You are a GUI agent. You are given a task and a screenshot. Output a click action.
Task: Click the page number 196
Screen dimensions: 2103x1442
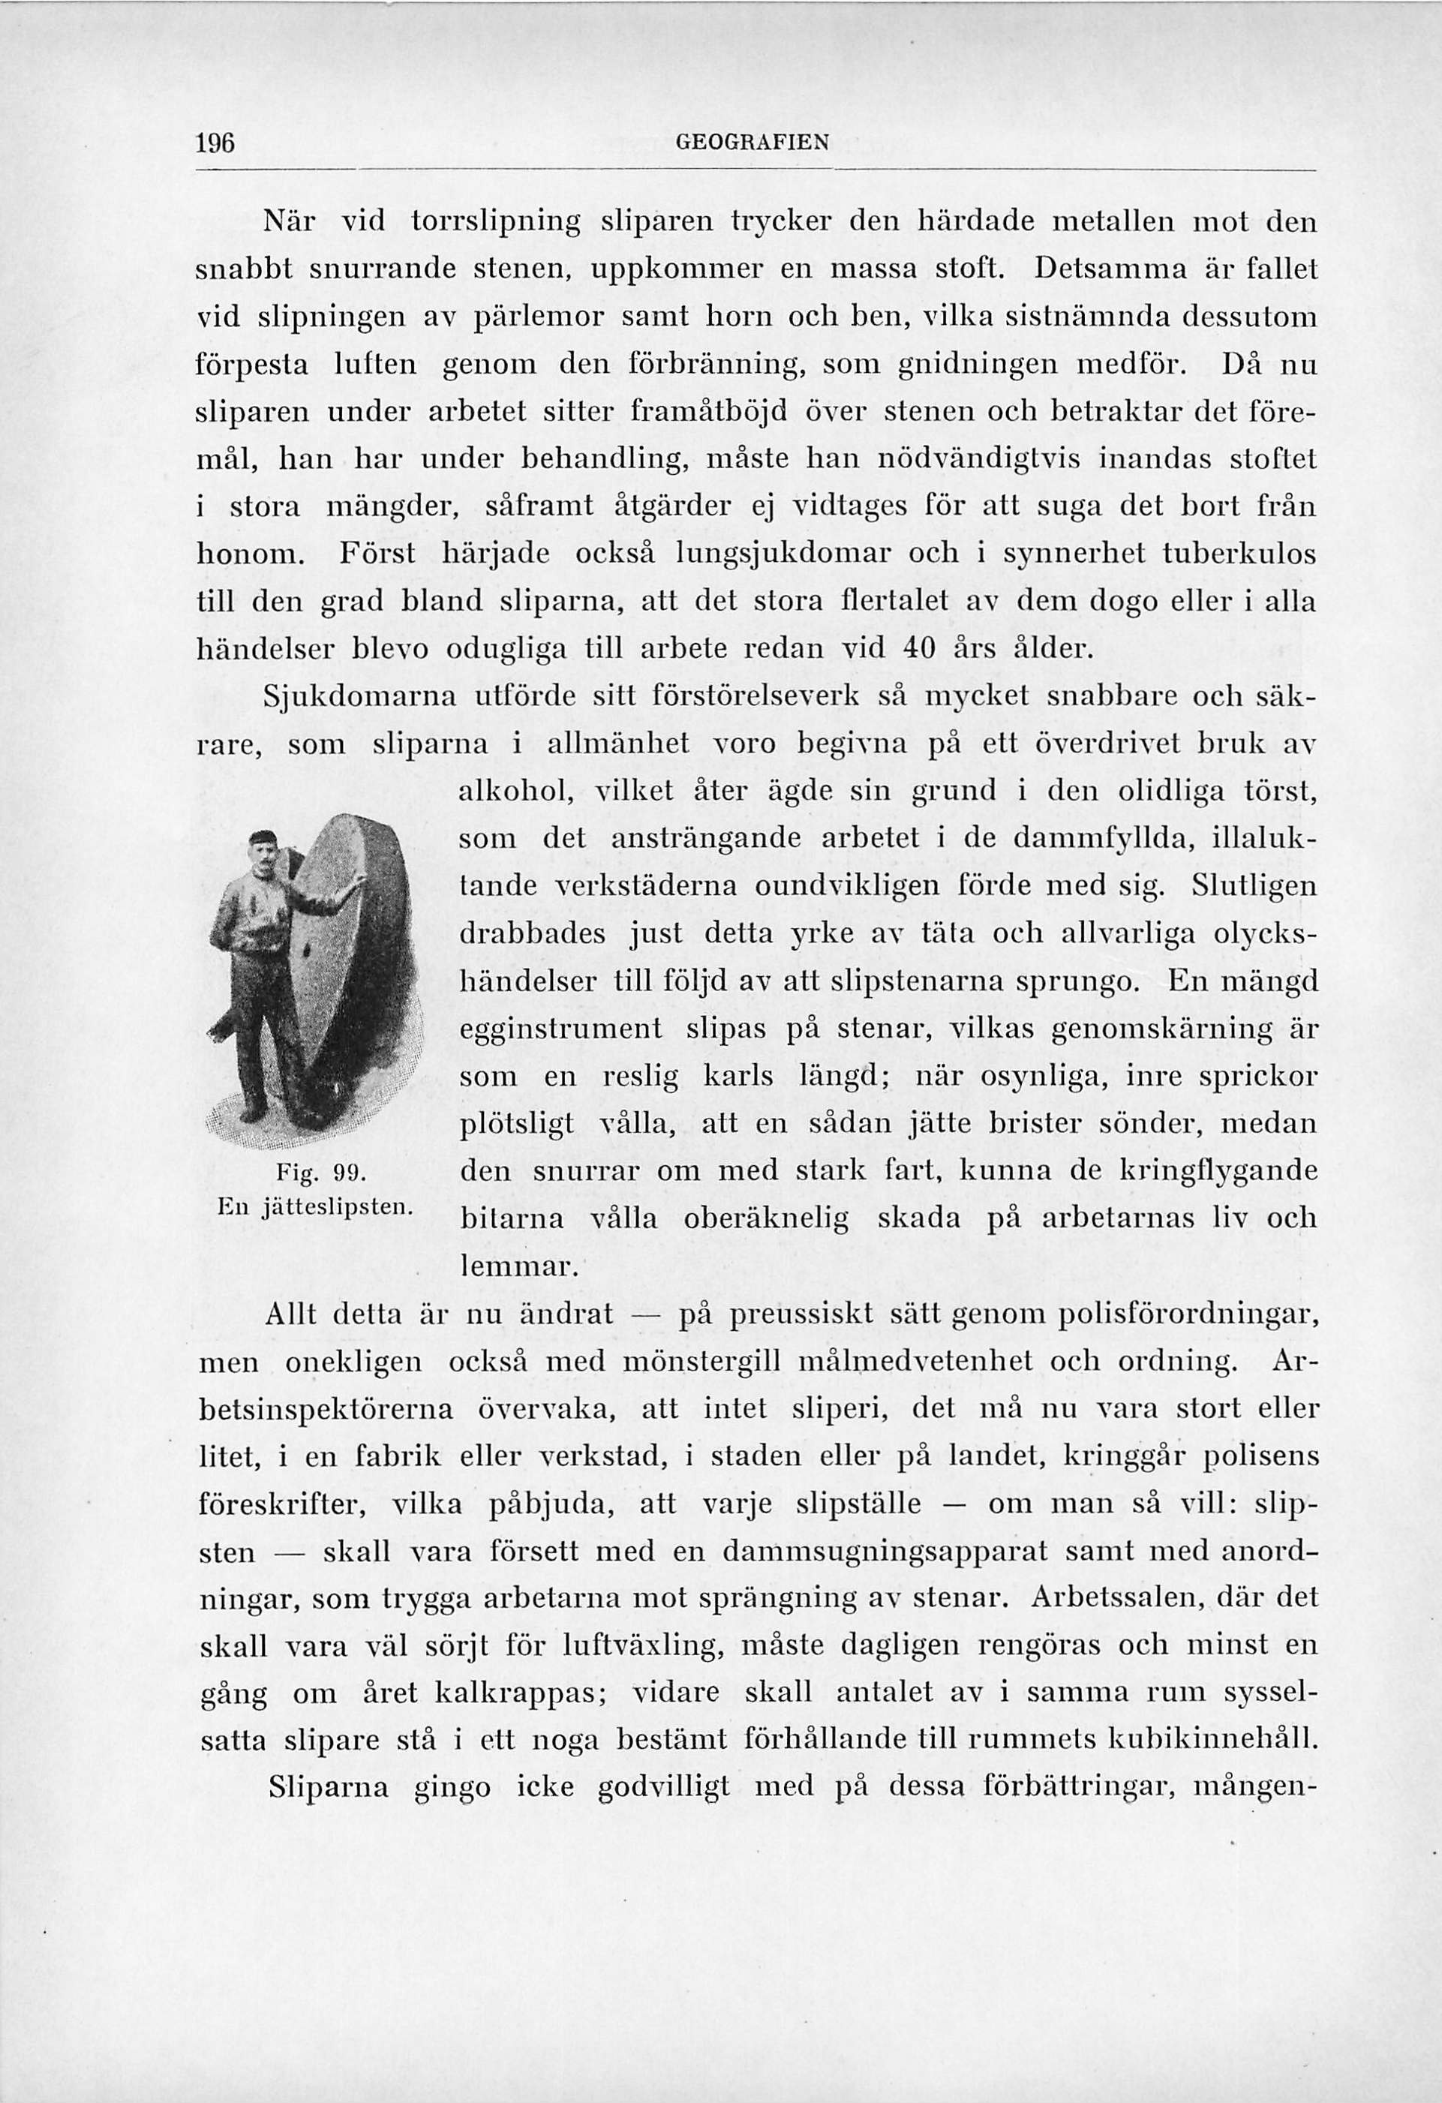pos(216,143)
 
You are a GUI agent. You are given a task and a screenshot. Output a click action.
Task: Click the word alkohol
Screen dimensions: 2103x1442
pos(512,791)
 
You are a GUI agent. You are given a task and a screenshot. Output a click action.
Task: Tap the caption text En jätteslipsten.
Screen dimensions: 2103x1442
pos(312,1206)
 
